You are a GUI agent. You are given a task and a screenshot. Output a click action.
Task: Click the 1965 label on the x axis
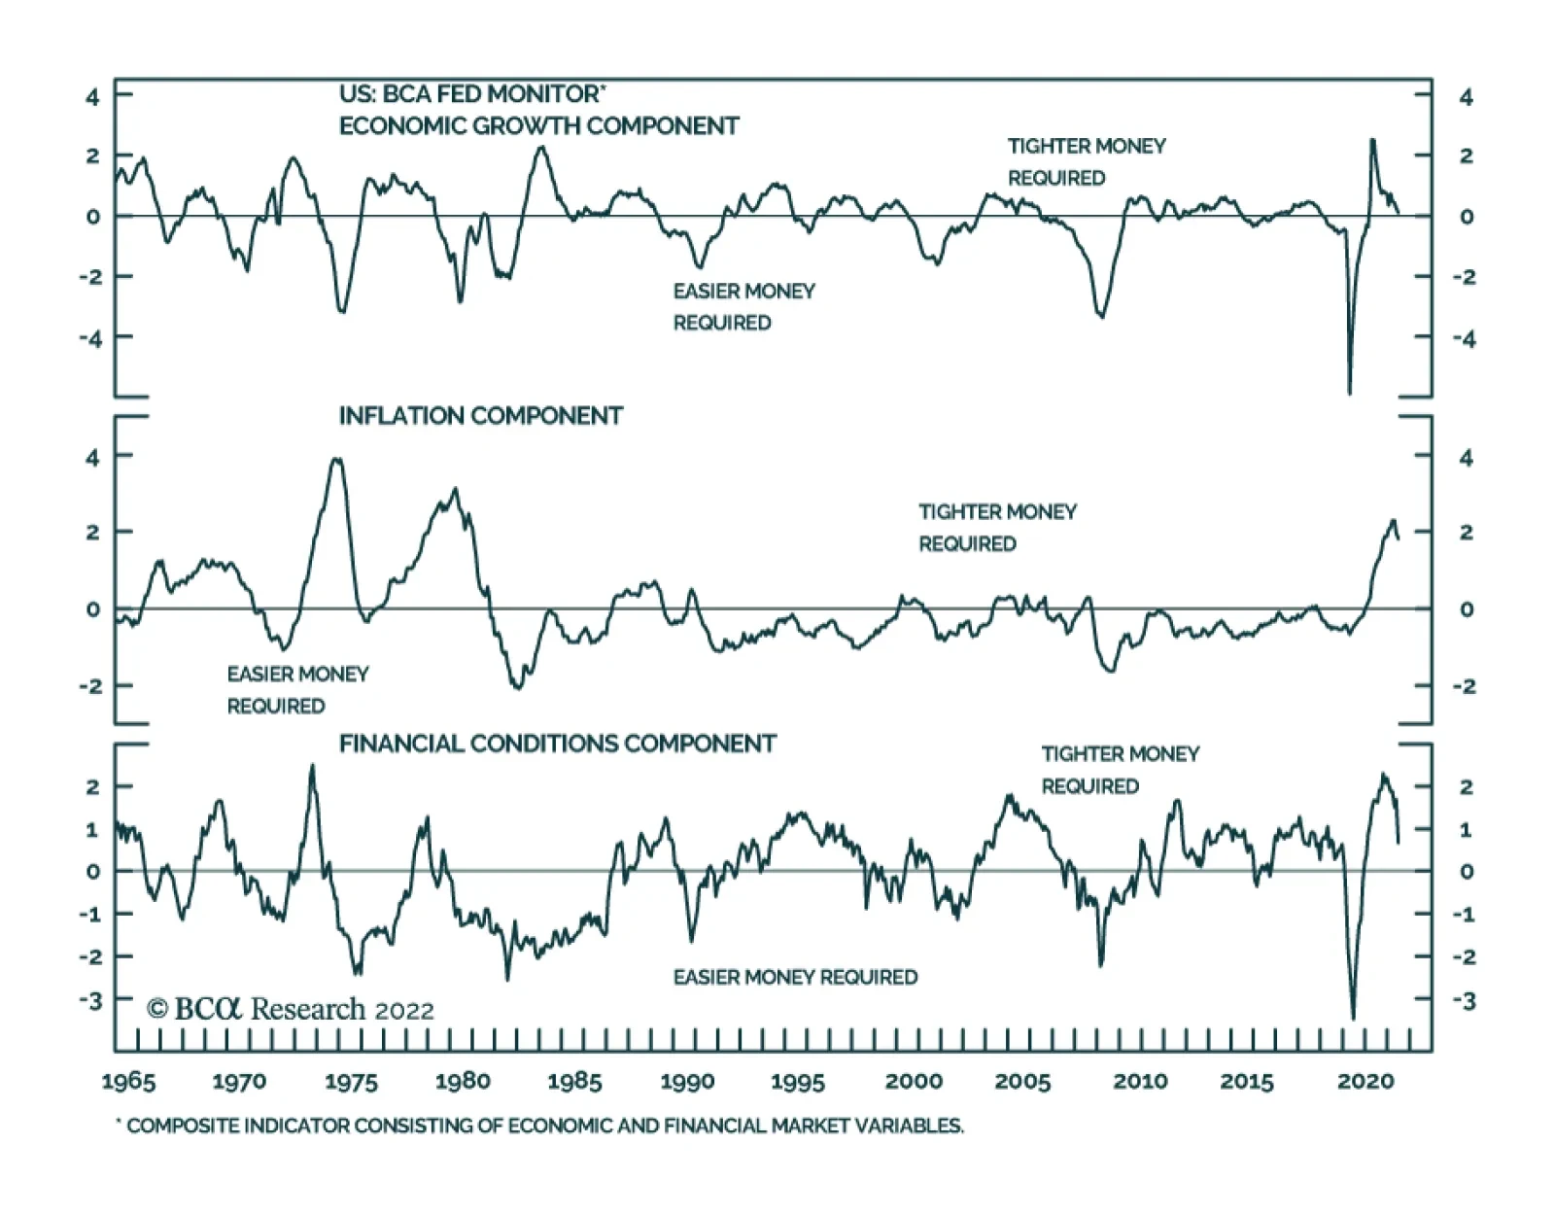point(128,1082)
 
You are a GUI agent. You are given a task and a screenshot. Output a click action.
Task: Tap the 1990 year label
point(687,1082)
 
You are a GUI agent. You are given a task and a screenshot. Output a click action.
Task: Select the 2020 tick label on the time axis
point(1365,1082)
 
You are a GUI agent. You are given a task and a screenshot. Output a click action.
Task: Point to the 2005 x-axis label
point(1022,1082)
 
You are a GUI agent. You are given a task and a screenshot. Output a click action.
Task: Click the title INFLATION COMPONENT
point(480,416)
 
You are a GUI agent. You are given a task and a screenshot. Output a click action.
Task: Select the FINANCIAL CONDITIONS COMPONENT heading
point(557,744)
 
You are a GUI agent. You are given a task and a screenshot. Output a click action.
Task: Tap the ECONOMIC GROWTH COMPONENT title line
point(538,126)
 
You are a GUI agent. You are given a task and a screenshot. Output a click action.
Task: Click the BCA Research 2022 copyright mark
point(290,1009)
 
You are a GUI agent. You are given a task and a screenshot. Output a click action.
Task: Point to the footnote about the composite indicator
point(540,1126)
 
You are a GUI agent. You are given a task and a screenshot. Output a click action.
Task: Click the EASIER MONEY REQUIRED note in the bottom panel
point(795,977)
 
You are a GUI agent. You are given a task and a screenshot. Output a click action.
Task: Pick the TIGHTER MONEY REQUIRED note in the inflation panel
point(997,527)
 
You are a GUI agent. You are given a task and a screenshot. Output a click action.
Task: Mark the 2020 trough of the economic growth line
point(1349,393)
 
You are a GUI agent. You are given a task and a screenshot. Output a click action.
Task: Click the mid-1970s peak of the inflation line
point(336,460)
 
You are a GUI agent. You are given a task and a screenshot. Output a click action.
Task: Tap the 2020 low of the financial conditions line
point(1353,1018)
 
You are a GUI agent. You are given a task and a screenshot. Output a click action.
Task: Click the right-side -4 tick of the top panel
point(1465,338)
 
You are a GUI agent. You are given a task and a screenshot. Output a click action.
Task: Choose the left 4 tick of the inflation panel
point(92,456)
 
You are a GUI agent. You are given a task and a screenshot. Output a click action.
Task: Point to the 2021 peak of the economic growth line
point(1372,140)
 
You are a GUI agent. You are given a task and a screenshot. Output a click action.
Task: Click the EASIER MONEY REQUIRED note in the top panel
point(743,306)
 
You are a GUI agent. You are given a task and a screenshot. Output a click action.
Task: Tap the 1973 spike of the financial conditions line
point(312,766)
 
